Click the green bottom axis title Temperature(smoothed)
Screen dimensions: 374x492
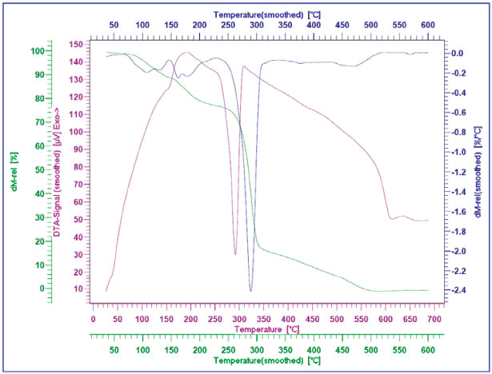pos(262,361)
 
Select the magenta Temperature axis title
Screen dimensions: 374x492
pos(267,328)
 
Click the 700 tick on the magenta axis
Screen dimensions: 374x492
pos(433,319)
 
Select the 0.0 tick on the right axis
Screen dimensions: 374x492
pos(458,54)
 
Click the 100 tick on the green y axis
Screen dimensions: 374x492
pos(36,51)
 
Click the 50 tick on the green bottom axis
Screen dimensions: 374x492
pos(113,350)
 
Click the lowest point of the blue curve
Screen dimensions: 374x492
pos(250,291)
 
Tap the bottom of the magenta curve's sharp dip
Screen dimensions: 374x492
pos(235,254)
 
